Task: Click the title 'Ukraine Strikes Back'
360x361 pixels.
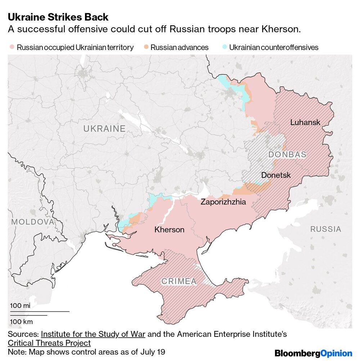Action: (58, 17)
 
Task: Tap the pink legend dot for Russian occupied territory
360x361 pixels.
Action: (12, 47)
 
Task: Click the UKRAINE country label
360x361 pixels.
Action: (104, 129)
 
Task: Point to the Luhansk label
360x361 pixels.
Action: (305, 123)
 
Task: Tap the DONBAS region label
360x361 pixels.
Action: (287, 155)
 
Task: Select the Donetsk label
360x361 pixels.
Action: (276, 175)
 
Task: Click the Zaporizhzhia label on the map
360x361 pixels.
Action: (223, 202)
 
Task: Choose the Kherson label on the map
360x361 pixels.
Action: (169, 230)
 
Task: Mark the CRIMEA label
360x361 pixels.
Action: (179, 281)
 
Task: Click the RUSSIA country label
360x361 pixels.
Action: (325, 229)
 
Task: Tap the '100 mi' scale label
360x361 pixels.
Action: (20, 306)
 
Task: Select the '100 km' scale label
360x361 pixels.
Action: (21, 321)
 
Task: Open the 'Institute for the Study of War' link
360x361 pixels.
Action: (93, 334)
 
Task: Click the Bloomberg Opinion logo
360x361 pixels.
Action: (313, 353)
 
